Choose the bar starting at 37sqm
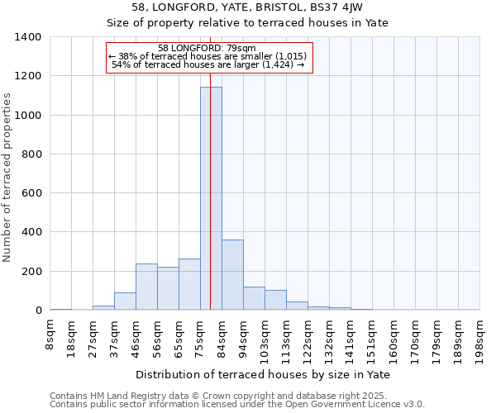click(x=125, y=301)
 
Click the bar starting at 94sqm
click(x=254, y=298)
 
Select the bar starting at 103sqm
click(x=275, y=300)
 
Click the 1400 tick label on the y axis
click(x=28, y=37)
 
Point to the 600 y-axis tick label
click(x=32, y=193)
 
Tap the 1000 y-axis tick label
click(x=28, y=116)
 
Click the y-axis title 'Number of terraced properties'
click(x=8, y=178)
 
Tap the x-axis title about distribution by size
click(x=264, y=374)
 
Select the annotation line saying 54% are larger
click(x=207, y=64)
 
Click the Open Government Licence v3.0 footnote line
click(x=237, y=405)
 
